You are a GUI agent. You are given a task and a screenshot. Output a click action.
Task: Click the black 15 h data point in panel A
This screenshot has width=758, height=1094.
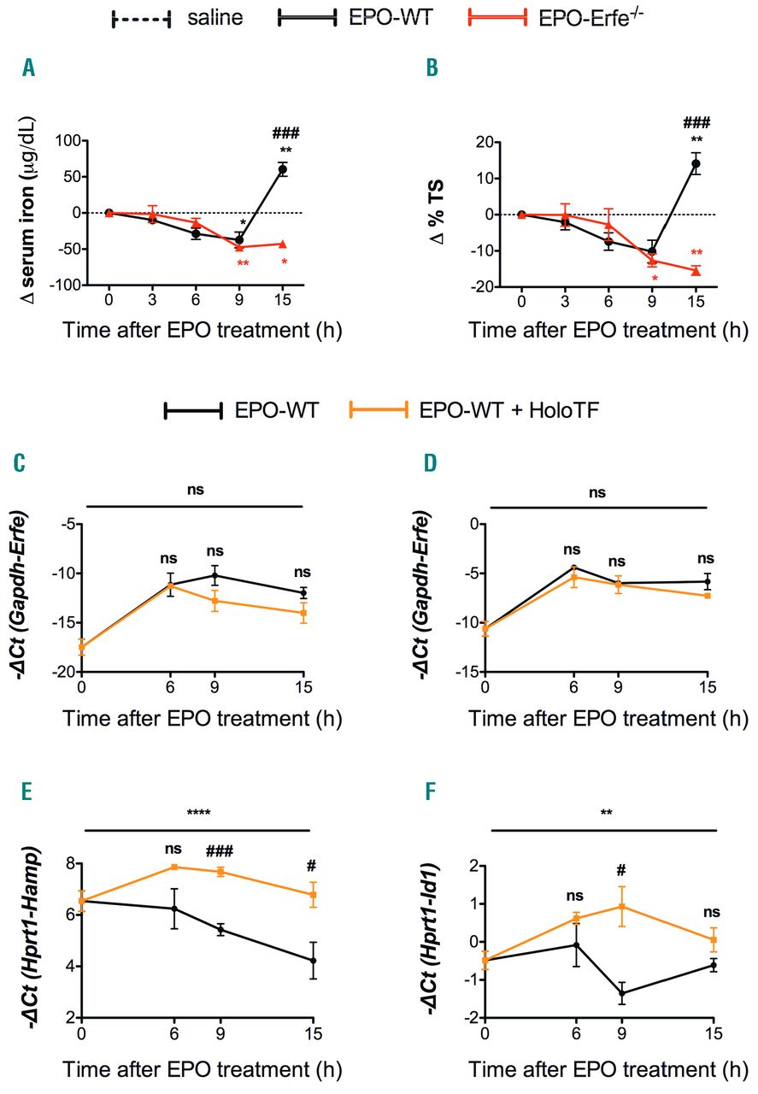click(x=282, y=169)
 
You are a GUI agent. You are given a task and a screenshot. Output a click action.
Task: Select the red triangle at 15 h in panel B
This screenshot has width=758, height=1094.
click(x=696, y=270)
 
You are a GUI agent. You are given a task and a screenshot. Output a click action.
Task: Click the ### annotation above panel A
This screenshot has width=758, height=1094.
click(x=284, y=133)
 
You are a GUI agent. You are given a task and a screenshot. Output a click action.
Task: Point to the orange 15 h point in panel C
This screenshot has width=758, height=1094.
click(x=303, y=612)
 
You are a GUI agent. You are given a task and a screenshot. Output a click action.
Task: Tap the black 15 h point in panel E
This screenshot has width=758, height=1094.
click(x=314, y=961)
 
